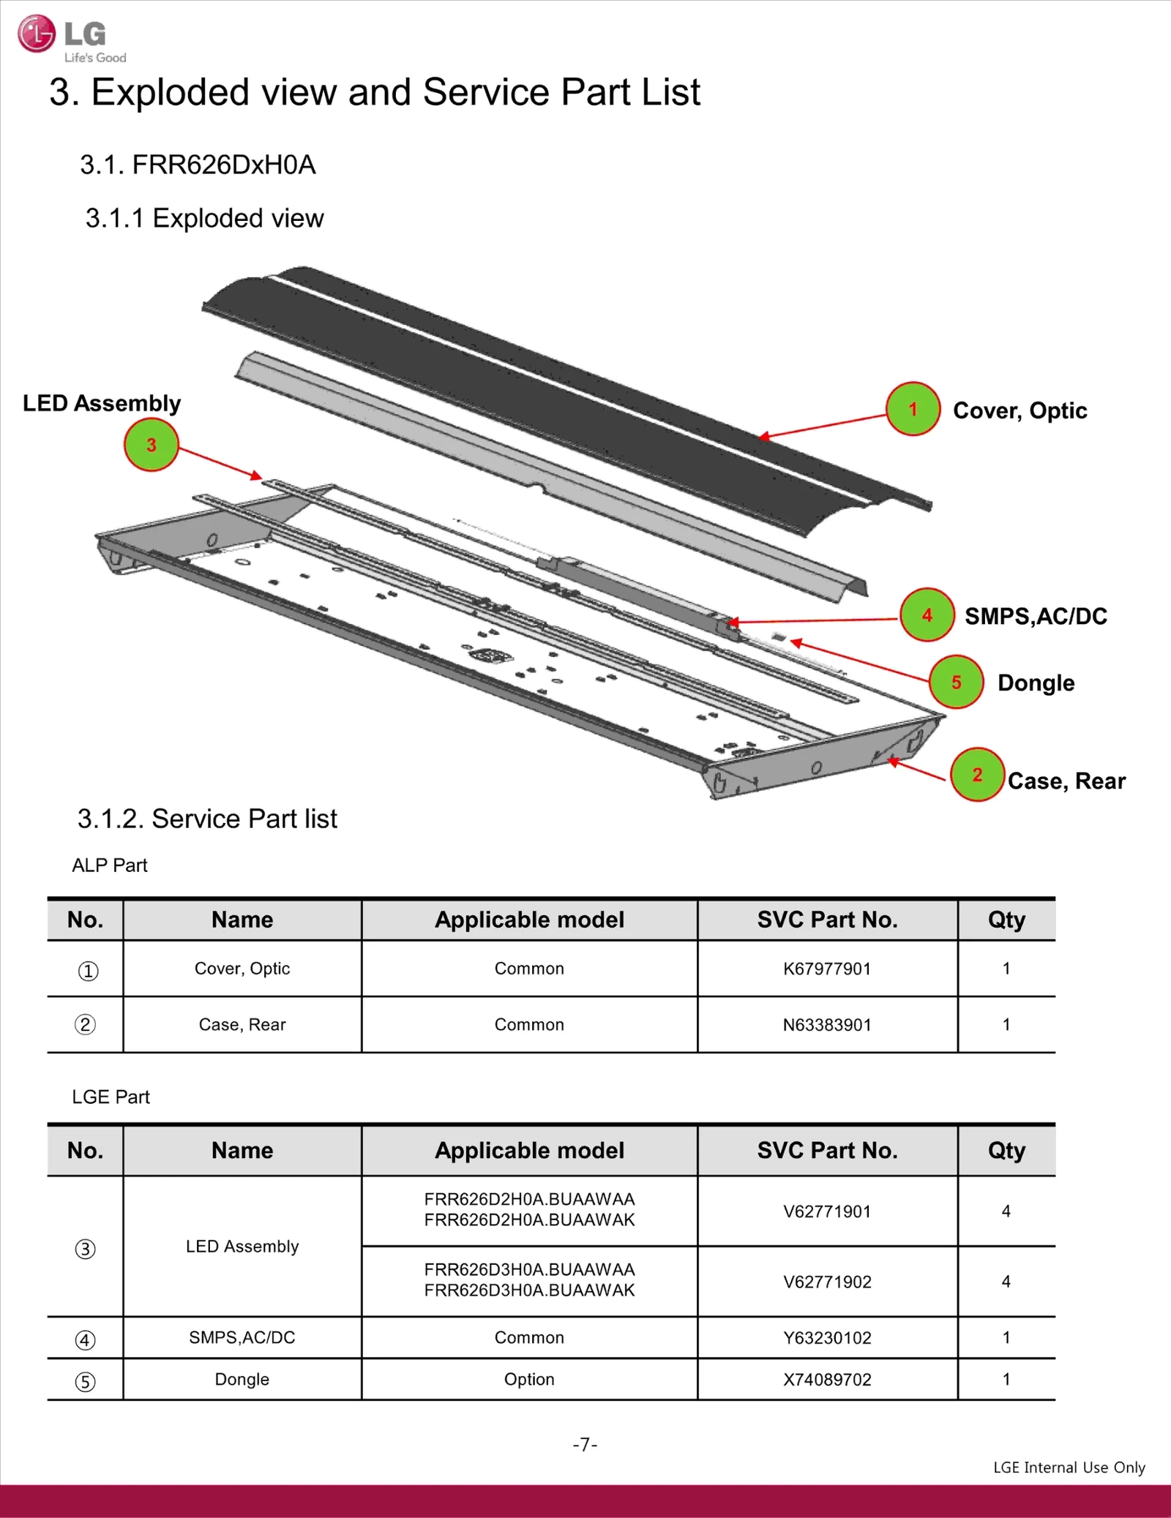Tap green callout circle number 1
(x=913, y=409)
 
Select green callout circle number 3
(x=151, y=445)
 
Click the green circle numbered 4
(x=927, y=615)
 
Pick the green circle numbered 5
(x=956, y=682)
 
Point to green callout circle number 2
(x=976, y=775)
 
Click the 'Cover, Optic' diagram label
(x=1020, y=410)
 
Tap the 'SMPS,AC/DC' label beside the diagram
(x=1035, y=616)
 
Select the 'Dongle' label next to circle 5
(x=1036, y=683)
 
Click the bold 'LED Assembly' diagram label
(x=102, y=403)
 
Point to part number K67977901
(x=826, y=969)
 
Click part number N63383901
(x=826, y=1025)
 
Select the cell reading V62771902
(x=826, y=1282)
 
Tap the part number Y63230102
(x=826, y=1338)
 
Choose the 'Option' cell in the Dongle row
(x=528, y=1379)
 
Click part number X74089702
(x=826, y=1380)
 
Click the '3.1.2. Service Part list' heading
(x=207, y=819)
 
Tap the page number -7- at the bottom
(x=585, y=1444)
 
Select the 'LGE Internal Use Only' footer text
(x=1069, y=1468)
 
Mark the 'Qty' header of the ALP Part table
(x=1006, y=920)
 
